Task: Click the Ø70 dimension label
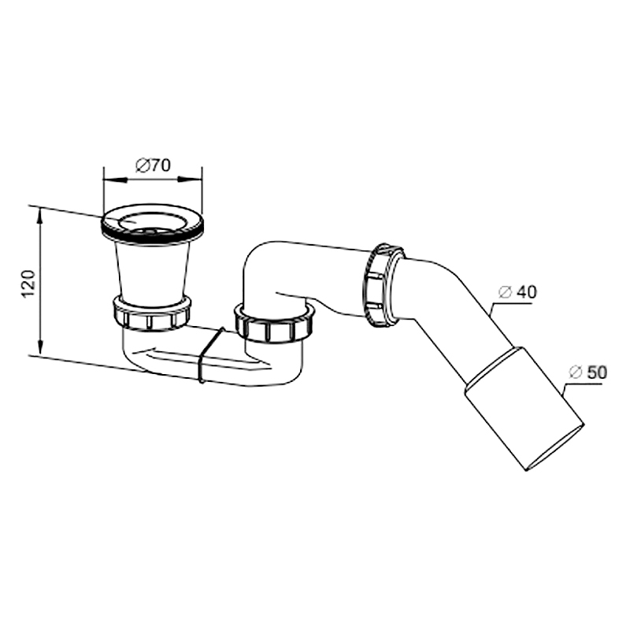(153, 165)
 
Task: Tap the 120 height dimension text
(28, 284)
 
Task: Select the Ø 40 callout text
(517, 292)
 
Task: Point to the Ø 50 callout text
(587, 372)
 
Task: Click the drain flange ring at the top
(153, 224)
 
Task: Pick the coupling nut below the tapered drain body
(151, 313)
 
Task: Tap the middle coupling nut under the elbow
(274, 323)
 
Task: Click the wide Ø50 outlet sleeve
(524, 409)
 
